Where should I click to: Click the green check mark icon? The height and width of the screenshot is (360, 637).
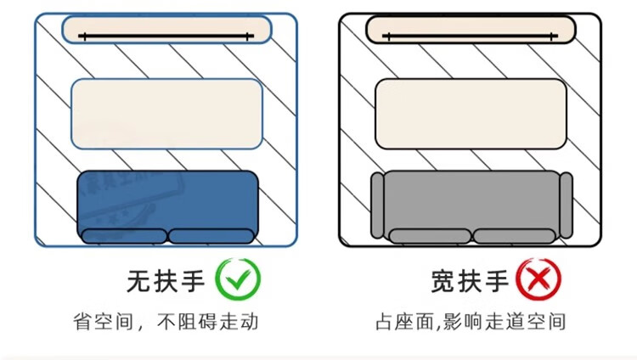tap(238, 279)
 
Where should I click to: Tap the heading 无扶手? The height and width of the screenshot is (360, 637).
tap(166, 279)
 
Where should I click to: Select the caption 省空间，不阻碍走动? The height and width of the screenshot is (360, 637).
tap(165, 323)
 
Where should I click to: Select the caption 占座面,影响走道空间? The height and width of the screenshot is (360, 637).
tap(470, 323)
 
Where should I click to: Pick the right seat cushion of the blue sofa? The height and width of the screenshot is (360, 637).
tap(211, 236)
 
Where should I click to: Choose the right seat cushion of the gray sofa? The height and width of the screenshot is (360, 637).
tap(513, 236)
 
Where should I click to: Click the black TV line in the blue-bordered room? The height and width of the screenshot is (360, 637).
tap(166, 36)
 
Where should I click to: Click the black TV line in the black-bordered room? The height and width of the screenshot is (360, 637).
tap(471, 36)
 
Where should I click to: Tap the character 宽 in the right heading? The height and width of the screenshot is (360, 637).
tap(444, 279)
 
